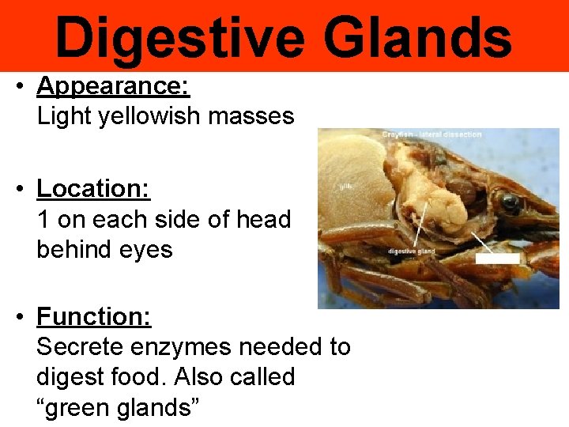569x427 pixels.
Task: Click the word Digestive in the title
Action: point(179,38)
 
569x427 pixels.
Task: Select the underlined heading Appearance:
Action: point(113,85)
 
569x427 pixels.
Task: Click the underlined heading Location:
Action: point(93,189)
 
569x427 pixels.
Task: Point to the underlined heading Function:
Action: point(93,317)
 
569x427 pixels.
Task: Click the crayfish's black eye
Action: point(510,202)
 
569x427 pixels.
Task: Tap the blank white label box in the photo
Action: point(497,259)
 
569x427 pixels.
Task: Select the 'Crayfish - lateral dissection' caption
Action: point(431,134)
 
